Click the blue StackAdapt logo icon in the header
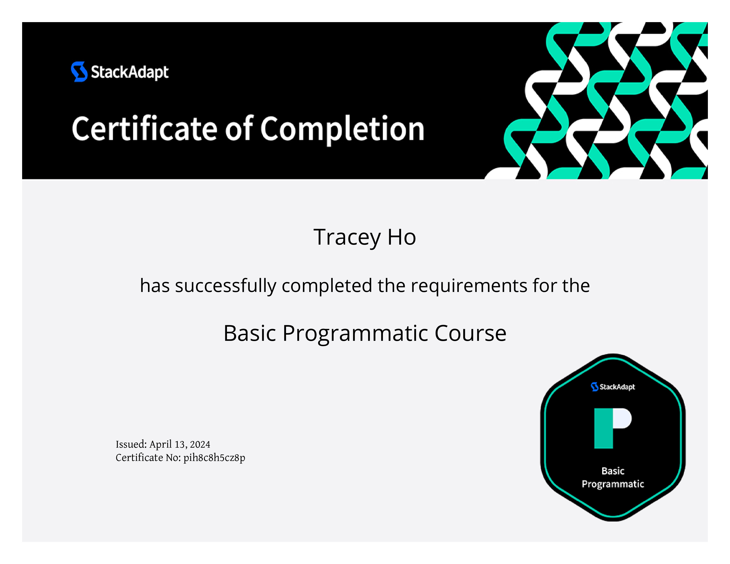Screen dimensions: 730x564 click(x=79, y=71)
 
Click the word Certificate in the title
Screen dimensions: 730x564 click(x=145, y=129)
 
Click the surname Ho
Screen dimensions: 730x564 click(x=402, y=237)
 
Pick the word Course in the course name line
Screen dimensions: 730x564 click(x=471, y=333)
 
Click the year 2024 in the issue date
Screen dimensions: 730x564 click(x=200, y=444)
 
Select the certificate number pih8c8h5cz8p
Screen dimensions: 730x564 click(x=214, y=458)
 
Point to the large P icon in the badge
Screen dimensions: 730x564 click(x=613, y=428)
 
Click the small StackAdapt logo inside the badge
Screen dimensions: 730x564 click(x=613, y=387)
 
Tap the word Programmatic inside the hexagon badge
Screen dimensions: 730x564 click(x=613, y=484)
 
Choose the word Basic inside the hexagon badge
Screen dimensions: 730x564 click(x=613, y=471)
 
